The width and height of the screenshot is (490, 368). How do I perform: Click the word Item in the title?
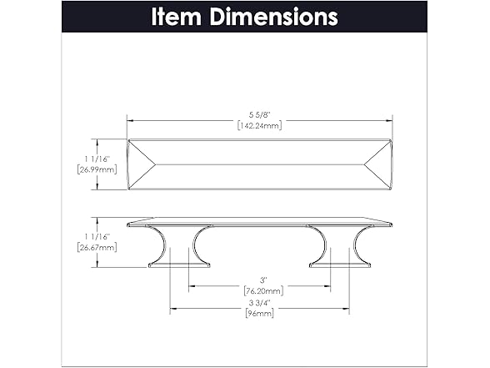click(x=176, y=17)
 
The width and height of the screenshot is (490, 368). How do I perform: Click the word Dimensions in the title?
click(x=273, y=17)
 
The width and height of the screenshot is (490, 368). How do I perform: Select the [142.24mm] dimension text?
click(x=260, y=125)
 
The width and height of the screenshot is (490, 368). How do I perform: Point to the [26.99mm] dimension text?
click(x=97, y=170)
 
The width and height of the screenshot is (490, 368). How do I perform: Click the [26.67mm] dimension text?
click(x=97, y=248)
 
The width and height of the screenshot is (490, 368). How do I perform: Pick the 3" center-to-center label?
click(x=263, y=280)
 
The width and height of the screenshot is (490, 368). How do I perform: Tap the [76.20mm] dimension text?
click(x=263, y=291)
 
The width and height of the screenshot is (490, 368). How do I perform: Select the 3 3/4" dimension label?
click(x=259, y=303)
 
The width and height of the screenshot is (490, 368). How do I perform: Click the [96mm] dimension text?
click(x=260, y=313)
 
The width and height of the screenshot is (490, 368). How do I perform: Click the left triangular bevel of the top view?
click(x=142, y=164)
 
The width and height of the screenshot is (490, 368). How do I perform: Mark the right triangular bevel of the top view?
click(x=378, y=164)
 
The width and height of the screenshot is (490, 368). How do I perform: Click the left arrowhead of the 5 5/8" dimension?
click(x=130, y=120)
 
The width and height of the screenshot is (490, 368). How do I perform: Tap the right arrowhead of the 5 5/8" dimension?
click(x=389, y=120)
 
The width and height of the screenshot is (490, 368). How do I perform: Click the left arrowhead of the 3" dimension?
click(x=192, y=285)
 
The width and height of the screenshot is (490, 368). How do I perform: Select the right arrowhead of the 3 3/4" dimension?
click(x=346, y=309)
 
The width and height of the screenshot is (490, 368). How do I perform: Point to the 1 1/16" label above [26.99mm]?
click(x=97, y=159)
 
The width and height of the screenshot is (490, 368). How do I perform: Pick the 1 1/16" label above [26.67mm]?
click(x=97, y=237)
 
